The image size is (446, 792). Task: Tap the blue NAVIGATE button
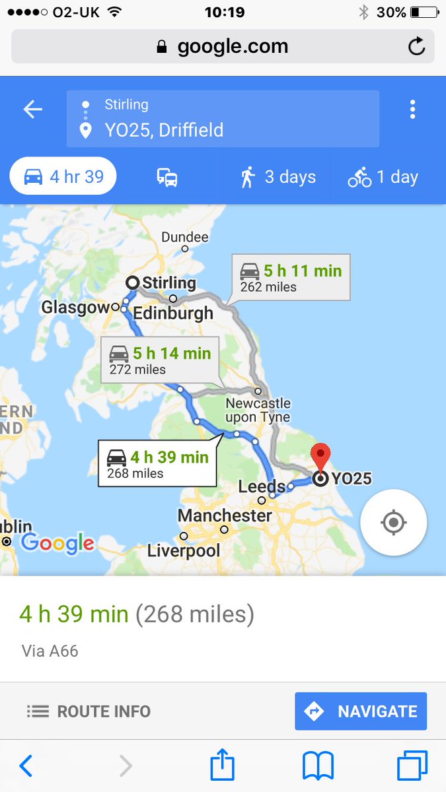[361, 711]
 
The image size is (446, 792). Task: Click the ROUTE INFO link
[89, 711]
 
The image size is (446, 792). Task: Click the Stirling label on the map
[168, 283]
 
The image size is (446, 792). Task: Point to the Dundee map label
[185, 237]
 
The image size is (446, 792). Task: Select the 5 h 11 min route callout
[291, 277]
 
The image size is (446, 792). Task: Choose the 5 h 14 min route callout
[160, 360]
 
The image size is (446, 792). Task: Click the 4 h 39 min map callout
[157, 464]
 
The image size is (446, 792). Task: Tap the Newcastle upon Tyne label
[258, 410]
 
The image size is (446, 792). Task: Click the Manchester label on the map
[225, 515]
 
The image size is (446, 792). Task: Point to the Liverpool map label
[184, 550]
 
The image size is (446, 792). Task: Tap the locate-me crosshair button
[393, 523]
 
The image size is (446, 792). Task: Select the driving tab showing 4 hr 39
[63, 177]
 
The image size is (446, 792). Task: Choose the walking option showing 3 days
[278, 177]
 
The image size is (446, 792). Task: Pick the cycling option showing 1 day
[383, 177]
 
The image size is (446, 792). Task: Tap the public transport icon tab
[167, 177]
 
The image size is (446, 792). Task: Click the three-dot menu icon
[412, 110]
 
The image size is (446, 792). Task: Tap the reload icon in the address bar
[416, 46]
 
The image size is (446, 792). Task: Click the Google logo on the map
[57, 543]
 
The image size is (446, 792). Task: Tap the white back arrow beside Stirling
[33, 110]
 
